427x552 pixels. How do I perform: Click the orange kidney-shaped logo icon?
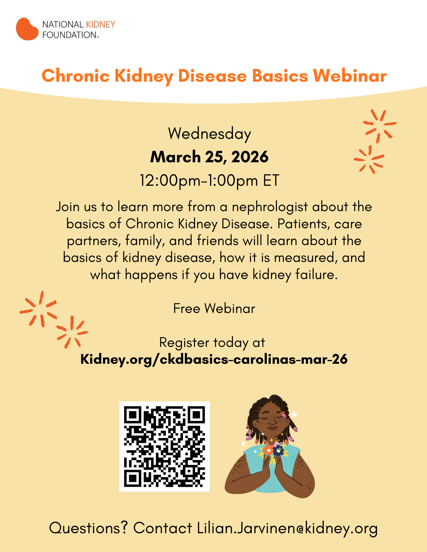click(x=27, y=29)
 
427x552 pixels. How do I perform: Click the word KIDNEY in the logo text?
click(x=101, y=25)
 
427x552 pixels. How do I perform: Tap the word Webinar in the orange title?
click(x=350, y=76)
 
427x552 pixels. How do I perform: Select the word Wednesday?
click(x=209, y=134)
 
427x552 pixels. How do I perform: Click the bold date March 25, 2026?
click(x=209, y=157)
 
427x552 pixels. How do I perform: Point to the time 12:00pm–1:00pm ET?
click(x=209, y=181)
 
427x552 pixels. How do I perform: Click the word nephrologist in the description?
click(x=270, y=207)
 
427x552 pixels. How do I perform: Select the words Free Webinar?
click(x=214, y=308)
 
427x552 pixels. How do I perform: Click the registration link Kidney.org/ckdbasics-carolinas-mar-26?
click(x=214, y=359)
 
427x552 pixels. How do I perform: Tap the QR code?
click(x=164, y=446)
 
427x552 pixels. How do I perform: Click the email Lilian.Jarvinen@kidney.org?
click(x=287, y=528)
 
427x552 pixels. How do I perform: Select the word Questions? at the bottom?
click(x=88, y=528)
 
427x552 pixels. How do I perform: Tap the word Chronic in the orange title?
click(x=75, y=76)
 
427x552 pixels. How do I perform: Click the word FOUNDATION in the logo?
click(x=69, y=35)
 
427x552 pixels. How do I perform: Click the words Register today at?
click(x=212, y=343)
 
